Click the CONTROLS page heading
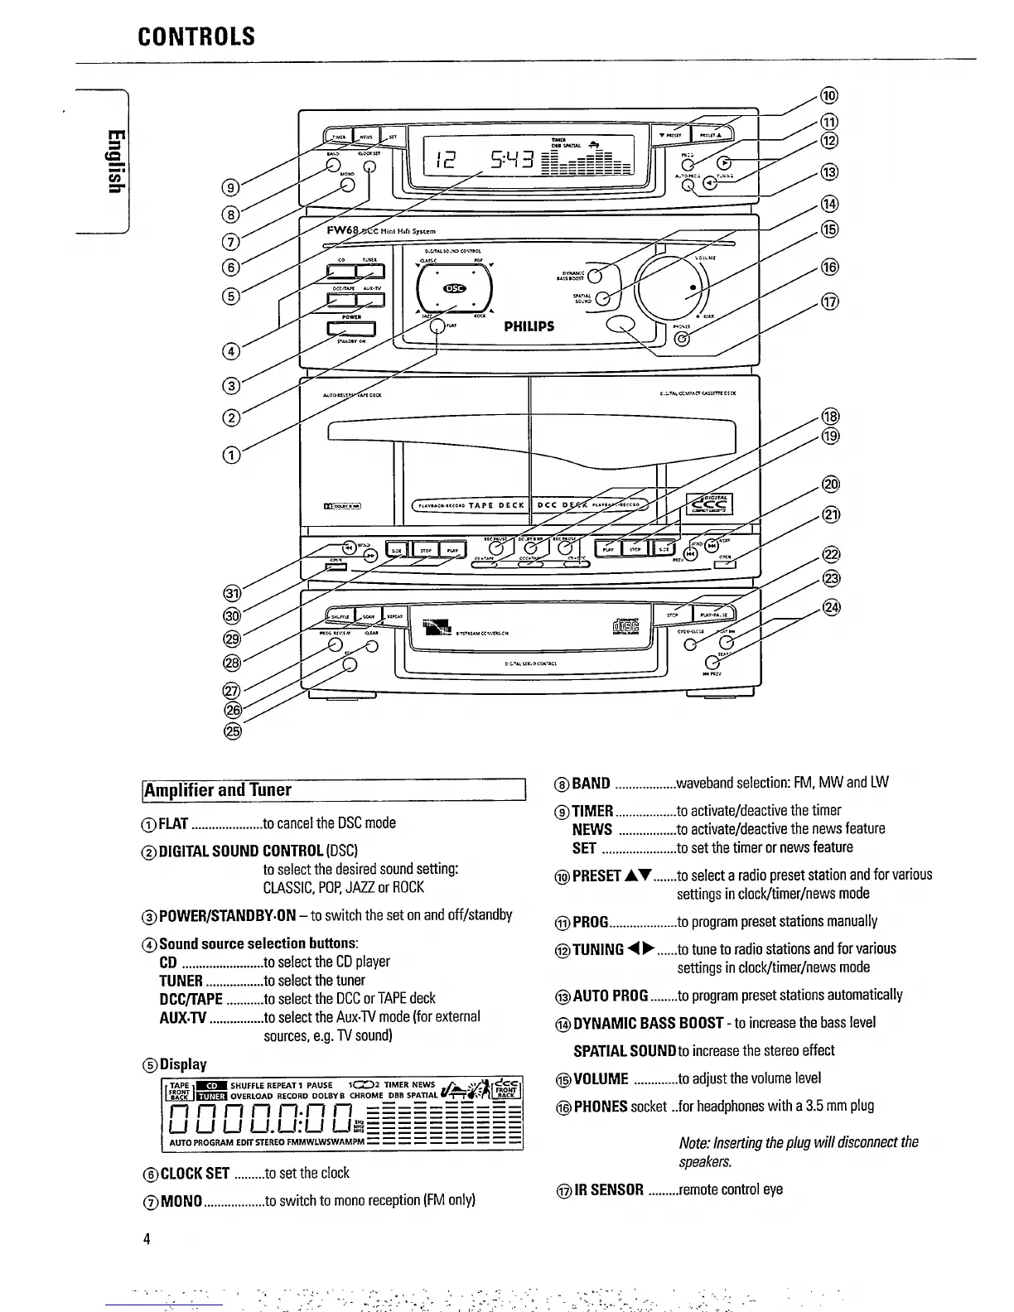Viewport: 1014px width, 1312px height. (196, 37)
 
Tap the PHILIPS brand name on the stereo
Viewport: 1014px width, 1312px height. (529, 326)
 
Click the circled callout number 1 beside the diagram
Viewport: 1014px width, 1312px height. (234, 454)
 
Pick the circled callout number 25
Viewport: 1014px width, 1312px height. (232, 731)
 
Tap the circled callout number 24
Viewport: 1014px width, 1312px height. (830, 607)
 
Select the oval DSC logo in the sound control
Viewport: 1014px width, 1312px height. (455, 288)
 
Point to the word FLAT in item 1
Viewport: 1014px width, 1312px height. (174, 823)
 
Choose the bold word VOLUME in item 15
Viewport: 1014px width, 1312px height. (601, 1078)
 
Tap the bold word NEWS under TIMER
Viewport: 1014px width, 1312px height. (591, 829)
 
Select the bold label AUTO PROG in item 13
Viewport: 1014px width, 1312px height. (611, 995)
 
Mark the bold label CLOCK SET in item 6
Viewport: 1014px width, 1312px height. (194, 1173)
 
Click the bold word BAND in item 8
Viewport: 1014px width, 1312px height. (591, 784)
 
